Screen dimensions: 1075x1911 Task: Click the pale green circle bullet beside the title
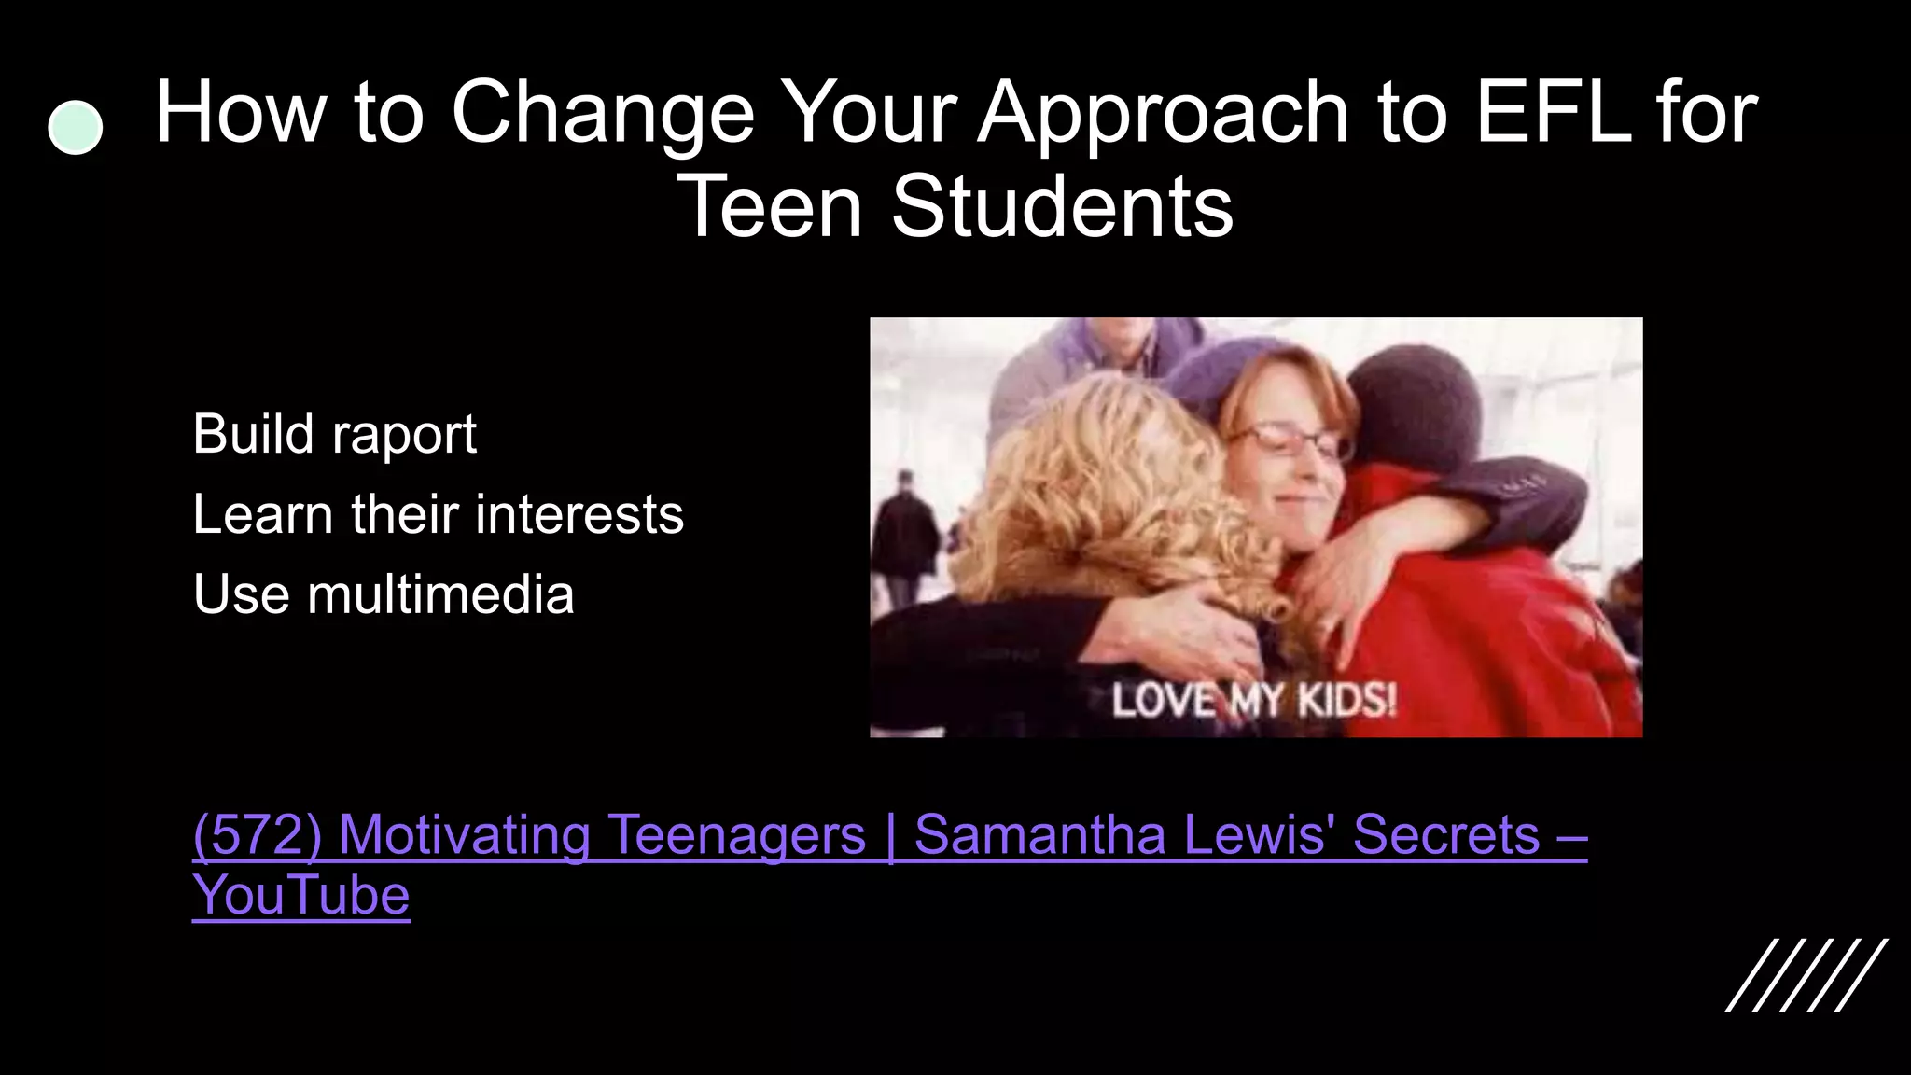[75, 128]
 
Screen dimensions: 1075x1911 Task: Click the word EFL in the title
[1552, 113]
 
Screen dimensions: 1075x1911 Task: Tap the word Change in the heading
[603, 113]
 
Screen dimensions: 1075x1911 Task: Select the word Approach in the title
[1163, 113]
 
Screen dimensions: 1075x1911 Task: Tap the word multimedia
[440, 594]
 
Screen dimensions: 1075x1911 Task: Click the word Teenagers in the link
[736, 834]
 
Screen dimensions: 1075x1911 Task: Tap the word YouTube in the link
[300, 896]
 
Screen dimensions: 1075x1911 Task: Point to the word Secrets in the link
[1446, 834]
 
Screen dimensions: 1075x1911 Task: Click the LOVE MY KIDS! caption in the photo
[1253, 701]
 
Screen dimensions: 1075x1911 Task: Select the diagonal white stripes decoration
[1806, 975]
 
